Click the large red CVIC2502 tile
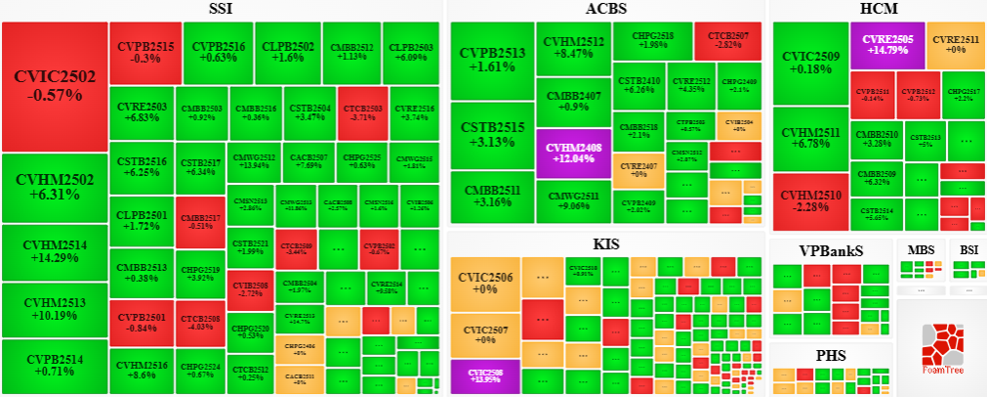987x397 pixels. [x=54, y=86]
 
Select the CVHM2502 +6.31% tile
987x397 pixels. [x=54, y=188]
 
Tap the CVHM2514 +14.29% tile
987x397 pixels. [x=54, y=252]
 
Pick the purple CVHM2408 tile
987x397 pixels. [x=573, y=153]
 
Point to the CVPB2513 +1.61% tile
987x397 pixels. [x=490, y=61]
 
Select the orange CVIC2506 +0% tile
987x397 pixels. [x=485, y=284]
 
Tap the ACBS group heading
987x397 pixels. [x=605, y=10]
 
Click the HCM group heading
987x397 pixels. [x=874, y=10]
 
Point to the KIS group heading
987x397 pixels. [x=605, y=244]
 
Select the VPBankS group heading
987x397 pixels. [x=831, y=250]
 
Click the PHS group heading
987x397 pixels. [x=831, y=355]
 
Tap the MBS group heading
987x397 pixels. [x=921, y=249]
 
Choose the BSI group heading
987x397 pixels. [x=967, y=249]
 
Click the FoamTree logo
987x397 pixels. [x=941, y=347]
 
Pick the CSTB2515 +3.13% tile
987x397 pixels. [x=490, y=135]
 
